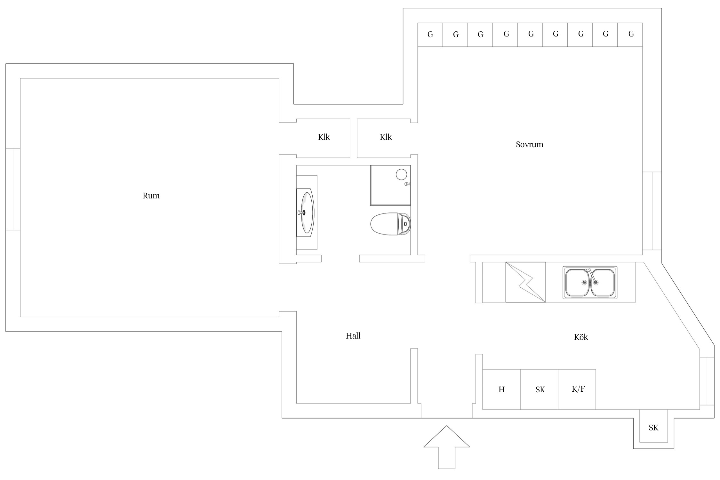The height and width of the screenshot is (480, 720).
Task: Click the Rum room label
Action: pos(151,196)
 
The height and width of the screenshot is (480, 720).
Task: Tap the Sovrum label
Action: pos(529,144)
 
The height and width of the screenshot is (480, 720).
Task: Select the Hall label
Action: pos(353,336)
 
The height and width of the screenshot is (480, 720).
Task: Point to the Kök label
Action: pos(581,337)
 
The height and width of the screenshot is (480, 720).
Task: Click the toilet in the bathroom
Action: pos(390,224)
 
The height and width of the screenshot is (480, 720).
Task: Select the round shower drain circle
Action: pos(401,174)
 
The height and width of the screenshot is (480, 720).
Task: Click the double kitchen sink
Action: pos(590,283)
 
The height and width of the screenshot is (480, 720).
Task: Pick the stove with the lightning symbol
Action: pos(525,282)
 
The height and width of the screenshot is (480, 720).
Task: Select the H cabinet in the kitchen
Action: pos(501,389)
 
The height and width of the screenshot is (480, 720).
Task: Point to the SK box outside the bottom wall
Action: pos(653,428)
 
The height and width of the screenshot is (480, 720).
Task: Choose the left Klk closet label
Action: pos(324,137)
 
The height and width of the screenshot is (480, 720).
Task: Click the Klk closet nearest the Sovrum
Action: pos(385,137)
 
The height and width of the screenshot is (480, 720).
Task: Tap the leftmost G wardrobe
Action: pos(430,35)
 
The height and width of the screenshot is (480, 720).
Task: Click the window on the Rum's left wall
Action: pos(13,189)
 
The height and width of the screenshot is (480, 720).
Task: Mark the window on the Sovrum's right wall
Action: pos(652,211)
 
